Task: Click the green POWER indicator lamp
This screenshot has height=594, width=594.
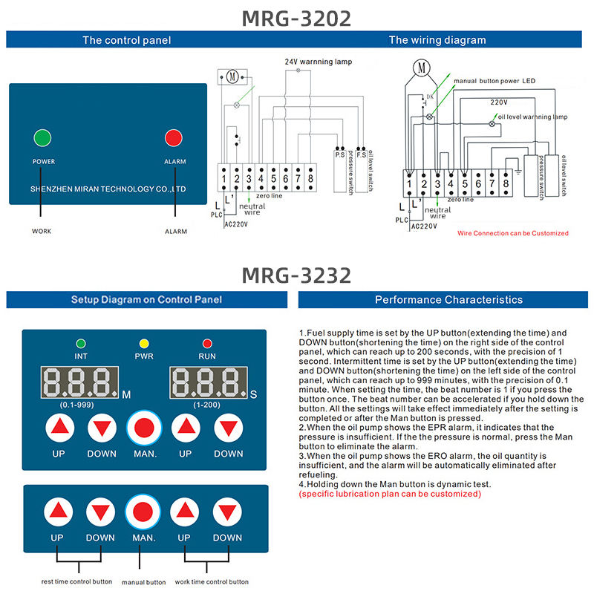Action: click(x=42, y=138)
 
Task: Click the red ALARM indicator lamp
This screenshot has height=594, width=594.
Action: click(x=174, y=138)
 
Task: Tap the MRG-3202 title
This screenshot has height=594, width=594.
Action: click(x=296, y=19)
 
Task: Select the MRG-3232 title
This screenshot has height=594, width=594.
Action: click(x=296, y=275)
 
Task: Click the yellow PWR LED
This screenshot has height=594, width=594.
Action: click(x=144, y=344)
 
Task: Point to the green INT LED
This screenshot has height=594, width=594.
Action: click(x=81, y=344)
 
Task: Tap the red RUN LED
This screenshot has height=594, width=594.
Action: click(x=207, y=344)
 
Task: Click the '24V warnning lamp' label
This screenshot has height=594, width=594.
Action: click(x=319, y=62)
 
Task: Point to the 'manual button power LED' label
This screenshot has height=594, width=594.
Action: click(x=495, y=81)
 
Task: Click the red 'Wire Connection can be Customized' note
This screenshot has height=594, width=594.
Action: click(x=513, y=233)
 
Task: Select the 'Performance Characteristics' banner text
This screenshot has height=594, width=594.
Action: click(x=449, y=300)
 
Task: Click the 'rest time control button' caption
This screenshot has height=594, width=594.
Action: click(x=76, y=581)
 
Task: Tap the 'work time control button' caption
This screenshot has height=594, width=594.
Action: click(x=212, y=581)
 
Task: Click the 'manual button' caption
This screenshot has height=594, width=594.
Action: click(x=144, y=582)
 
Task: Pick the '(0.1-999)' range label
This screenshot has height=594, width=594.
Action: click(x=77, y=405)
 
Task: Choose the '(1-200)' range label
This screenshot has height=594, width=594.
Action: click(x=206, y=405)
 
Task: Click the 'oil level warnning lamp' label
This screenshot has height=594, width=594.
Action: click(x=532, y=117)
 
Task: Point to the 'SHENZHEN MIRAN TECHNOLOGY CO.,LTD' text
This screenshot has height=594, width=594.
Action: click(x=108, y=189)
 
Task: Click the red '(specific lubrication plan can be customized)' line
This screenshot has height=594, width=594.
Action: click(x=390, y=494)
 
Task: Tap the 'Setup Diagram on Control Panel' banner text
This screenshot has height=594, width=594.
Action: click(x=146, y=300)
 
